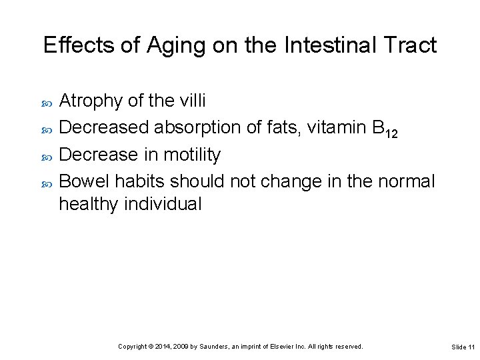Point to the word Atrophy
coord(91,101)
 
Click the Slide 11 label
coord(463,347)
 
